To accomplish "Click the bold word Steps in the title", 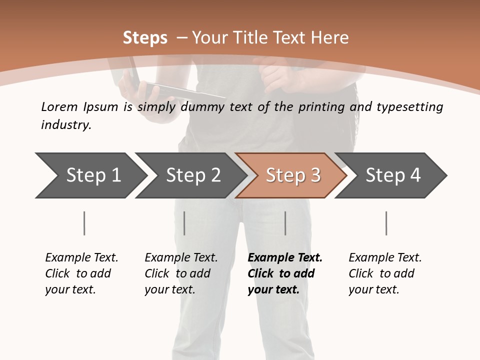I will pos(145,38).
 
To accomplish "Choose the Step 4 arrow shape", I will pos(391,175).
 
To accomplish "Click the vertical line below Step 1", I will pos(84,223).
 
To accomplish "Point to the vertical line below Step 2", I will pos(184,223).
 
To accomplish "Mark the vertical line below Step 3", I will pos(285,223).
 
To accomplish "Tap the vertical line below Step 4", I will pos(386,223).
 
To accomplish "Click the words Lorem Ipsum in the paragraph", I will pos(79,107).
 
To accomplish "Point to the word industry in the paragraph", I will pos(65,125).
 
